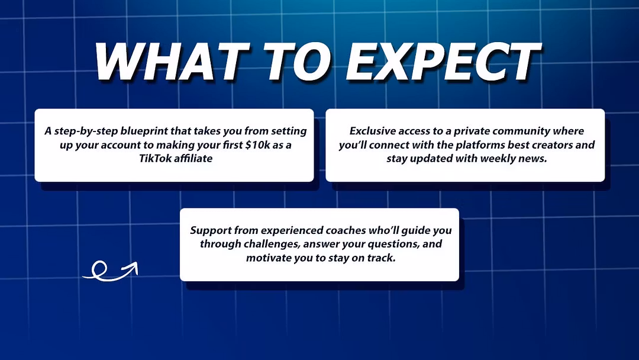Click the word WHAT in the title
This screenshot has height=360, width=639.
pos(172,61)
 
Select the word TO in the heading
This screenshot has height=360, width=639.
pos(296,61)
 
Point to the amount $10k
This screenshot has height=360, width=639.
pos(258,144)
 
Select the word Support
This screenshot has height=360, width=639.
pos(211,230)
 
